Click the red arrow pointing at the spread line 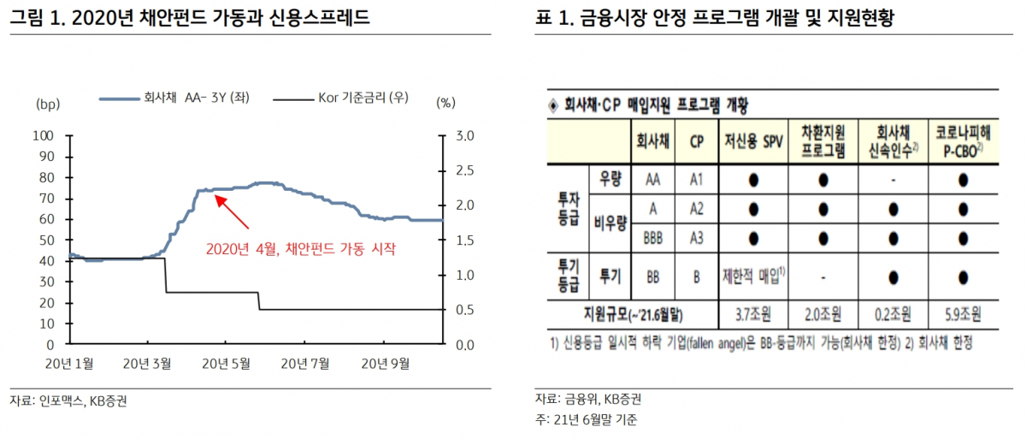[x=232, y=212]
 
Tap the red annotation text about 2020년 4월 [x=303, y=249]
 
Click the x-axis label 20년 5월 [x=227, y=363]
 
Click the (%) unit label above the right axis [x=446, y=104]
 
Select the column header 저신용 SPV [x=753, y=142]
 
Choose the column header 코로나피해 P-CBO [x=963, y=142]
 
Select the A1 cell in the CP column [x=695, y=181]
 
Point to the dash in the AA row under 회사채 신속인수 [x=893, y=181]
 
